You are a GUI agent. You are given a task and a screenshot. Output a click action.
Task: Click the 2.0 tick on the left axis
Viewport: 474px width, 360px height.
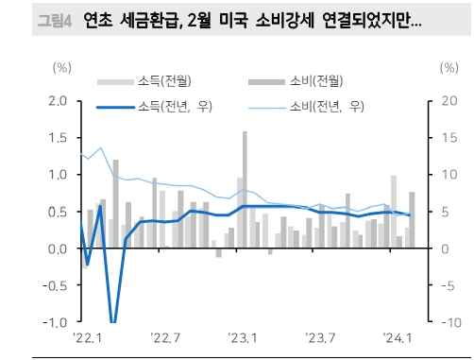coord(57,101)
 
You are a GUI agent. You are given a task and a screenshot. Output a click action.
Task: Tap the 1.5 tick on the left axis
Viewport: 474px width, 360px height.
coord(57,138)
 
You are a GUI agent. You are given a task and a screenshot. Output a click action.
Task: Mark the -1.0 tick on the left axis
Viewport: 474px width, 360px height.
coord(54,322)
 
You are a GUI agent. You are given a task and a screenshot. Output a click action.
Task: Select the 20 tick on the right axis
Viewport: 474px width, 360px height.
coord(449,101)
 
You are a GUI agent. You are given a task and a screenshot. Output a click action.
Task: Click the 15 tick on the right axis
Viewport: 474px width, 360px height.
coord(449,138)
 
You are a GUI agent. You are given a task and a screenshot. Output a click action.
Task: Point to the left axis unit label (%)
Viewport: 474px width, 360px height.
coord(60,68)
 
